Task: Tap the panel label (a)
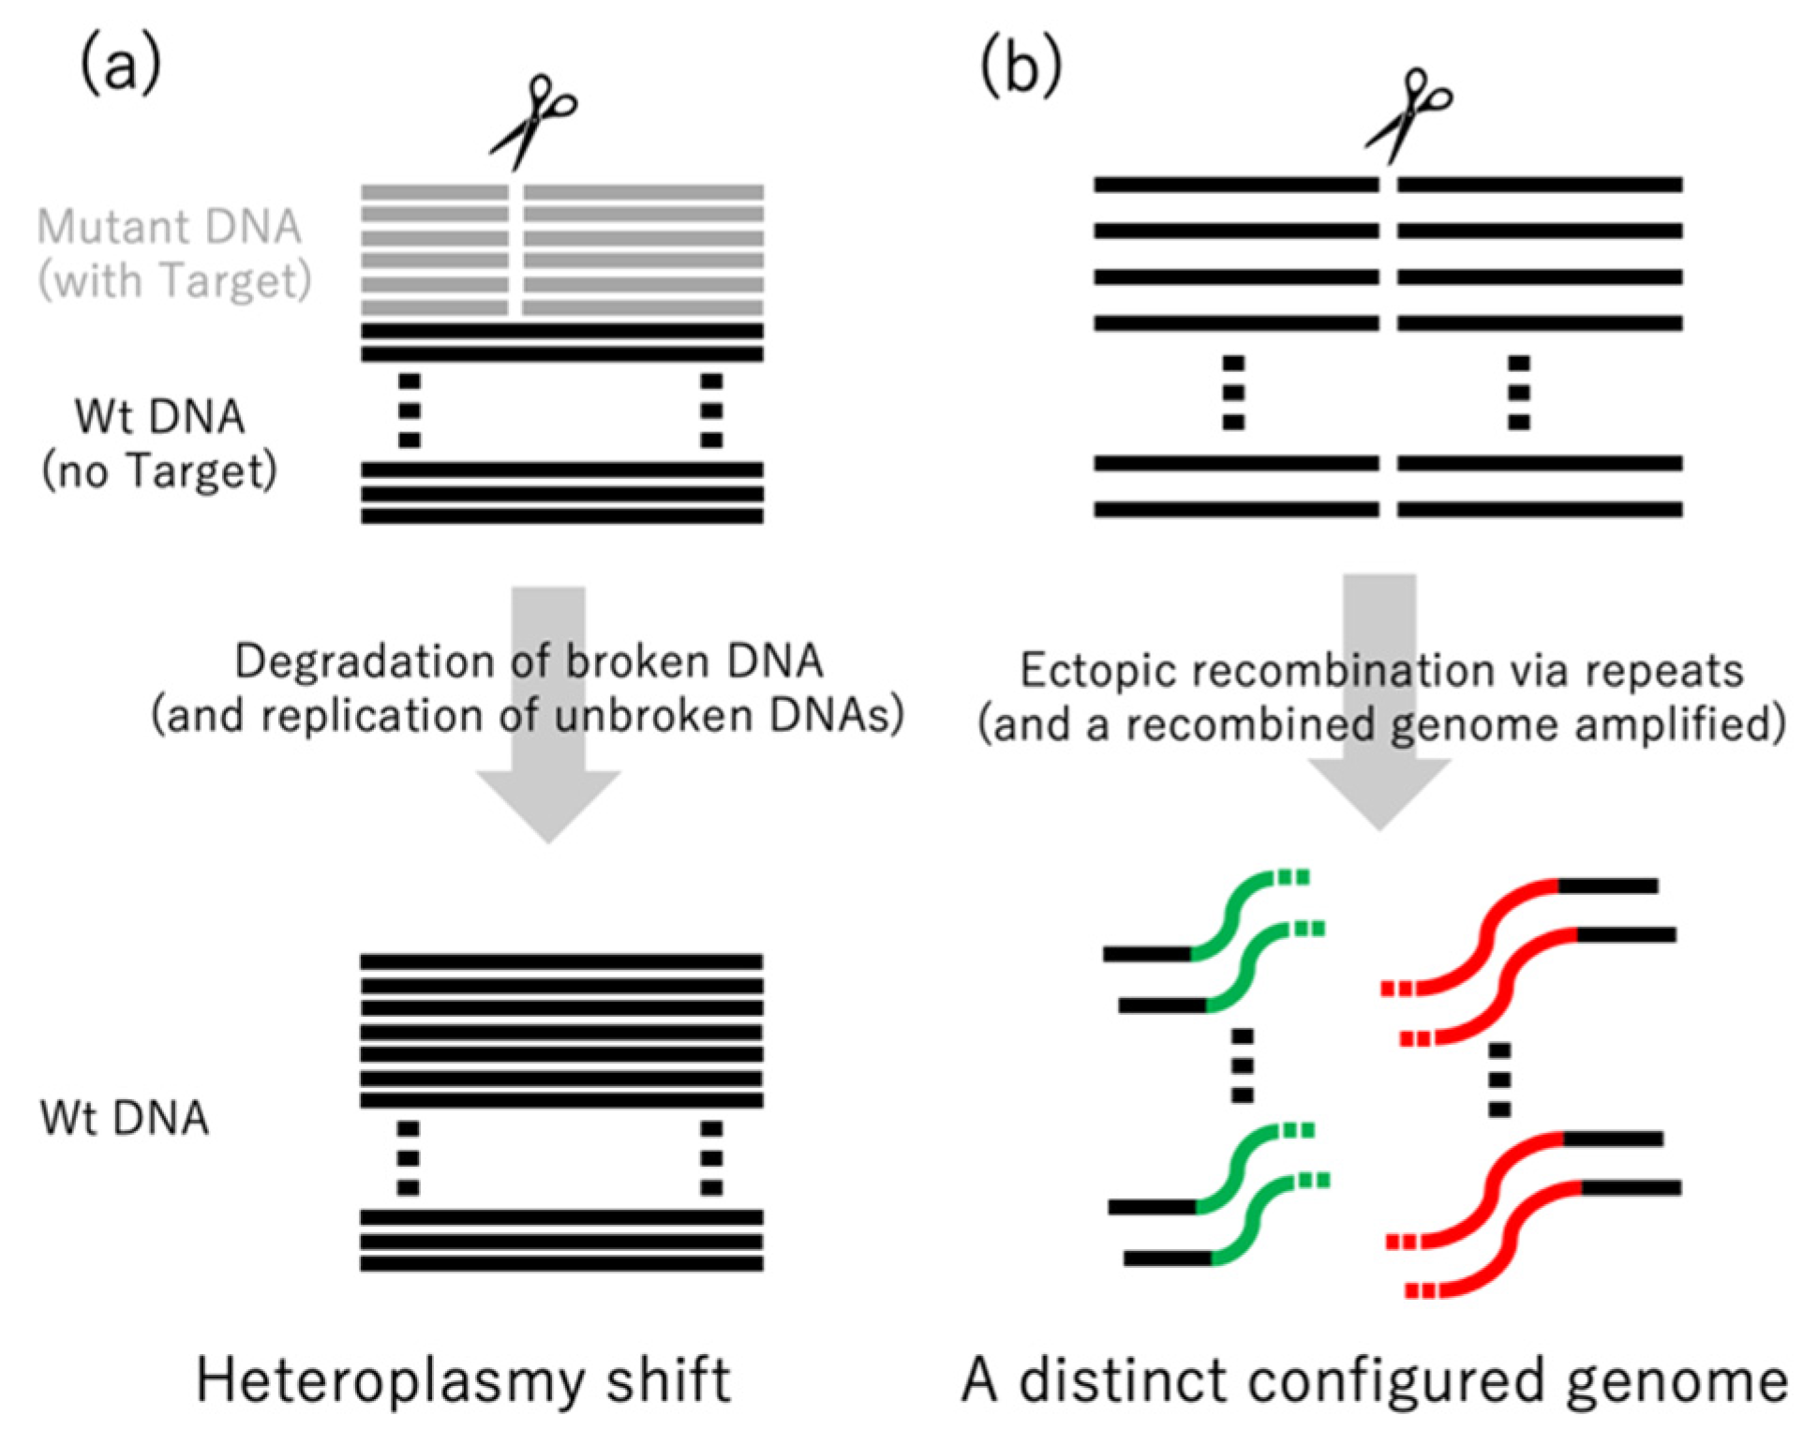[120, 66]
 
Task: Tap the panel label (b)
[1021, 68]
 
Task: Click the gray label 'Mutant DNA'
[170, 227]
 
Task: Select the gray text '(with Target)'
[174, 280]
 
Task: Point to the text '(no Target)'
[159, 470]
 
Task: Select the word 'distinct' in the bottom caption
[1125, 1380]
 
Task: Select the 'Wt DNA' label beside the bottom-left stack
[125, 1118]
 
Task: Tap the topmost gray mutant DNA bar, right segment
[643, 192]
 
